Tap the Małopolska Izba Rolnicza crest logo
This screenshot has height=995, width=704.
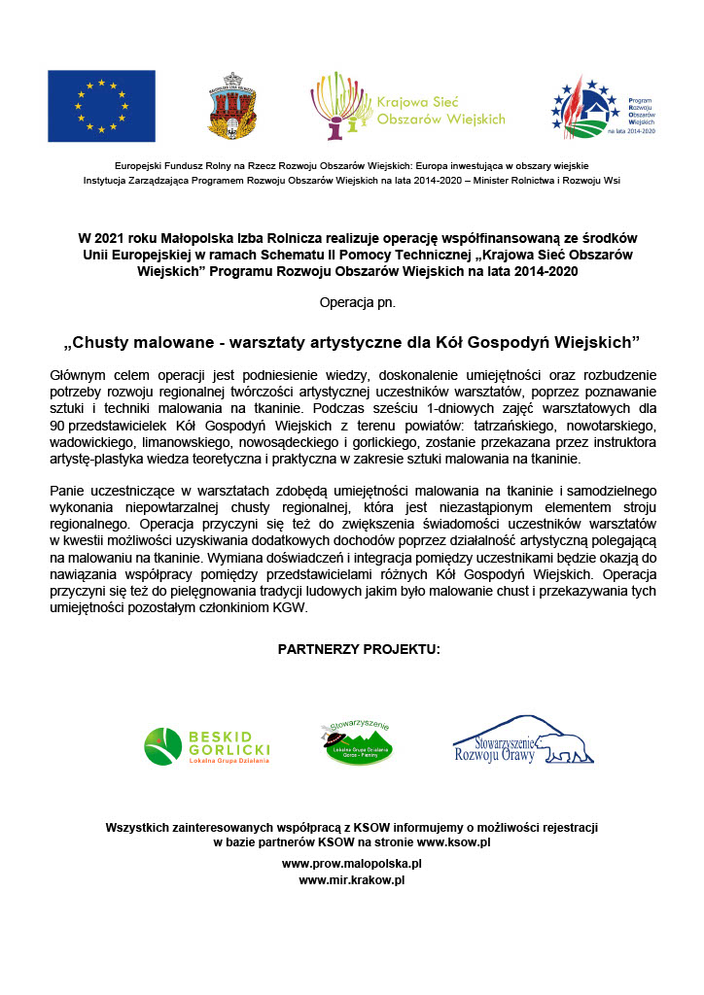pyautogui.click(x=232, y=105)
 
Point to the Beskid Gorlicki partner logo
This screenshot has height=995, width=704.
pyautogui.click(x=207, y=746)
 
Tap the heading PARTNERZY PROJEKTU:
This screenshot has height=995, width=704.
pyautogui.click(x=359, y=648)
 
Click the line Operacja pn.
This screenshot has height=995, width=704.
pyautogui.click(x=357, y=302)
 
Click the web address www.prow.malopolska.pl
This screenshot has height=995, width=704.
pyautogui.click(x=352, y=863)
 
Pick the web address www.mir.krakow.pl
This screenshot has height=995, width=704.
pyautogui.click(x=352, y=880)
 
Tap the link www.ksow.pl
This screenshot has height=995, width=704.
pyautogui.click(x=453, y=842)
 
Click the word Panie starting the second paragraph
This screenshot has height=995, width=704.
pyautogui.click(x=68, y=492)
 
